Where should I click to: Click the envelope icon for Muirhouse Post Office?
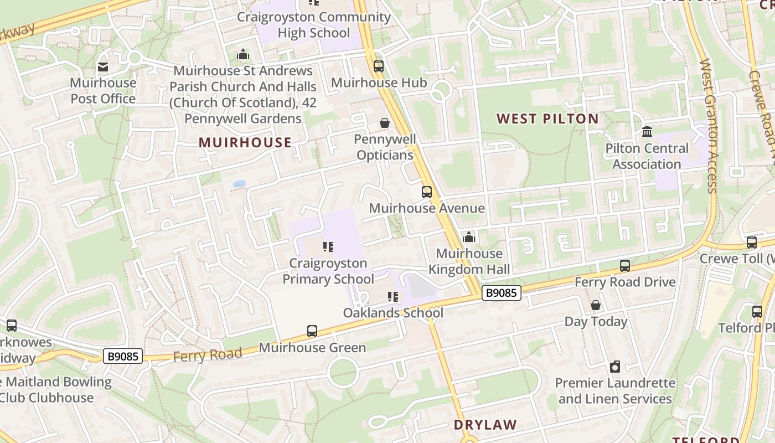103,67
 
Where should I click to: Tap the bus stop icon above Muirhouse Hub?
379,66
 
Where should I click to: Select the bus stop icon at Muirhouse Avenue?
426,192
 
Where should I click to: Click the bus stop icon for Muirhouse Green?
312,331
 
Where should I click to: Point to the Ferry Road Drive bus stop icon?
625,266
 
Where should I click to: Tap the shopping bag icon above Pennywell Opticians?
385,123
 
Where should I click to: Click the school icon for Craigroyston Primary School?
328,247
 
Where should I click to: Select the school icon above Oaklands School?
393,297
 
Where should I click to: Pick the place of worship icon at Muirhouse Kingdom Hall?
469,238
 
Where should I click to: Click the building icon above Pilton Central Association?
647,132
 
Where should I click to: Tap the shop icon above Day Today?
596,305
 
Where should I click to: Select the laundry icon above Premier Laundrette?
615,367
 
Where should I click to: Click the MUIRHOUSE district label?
245,142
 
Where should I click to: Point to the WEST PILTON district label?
547,119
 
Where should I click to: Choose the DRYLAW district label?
485,425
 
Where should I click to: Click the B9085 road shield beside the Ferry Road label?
123,356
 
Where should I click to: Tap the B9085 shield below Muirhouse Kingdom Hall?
502,292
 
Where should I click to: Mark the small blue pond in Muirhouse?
239,183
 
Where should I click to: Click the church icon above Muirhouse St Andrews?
243,55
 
